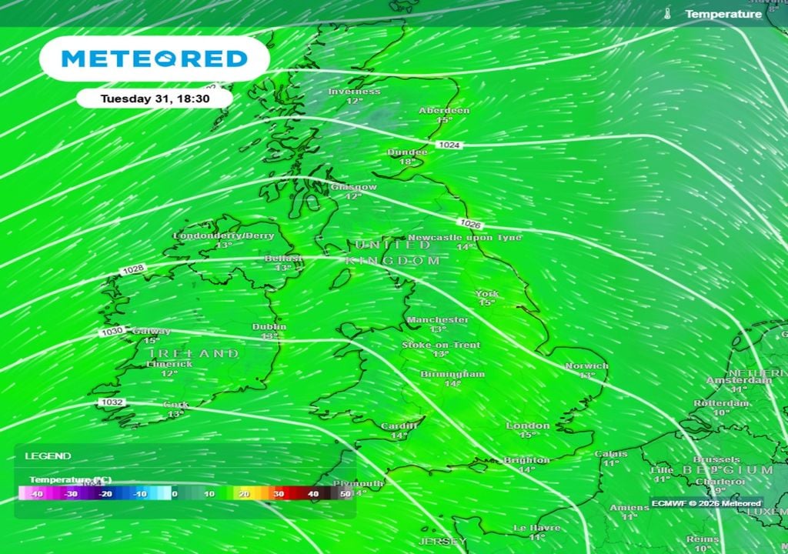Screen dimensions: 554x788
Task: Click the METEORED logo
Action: [x=154, y=58]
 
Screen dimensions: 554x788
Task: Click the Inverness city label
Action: [x=354, y=92]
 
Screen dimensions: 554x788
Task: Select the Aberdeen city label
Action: [x=444, y=111]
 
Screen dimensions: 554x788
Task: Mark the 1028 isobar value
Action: [x=133, y=269]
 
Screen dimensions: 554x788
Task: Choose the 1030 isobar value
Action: [x=111, y=332]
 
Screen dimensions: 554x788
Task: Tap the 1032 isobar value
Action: [x=111, y=402]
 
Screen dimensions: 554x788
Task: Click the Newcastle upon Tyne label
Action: [x=464, y=238]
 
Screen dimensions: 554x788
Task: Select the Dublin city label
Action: [x=269, y=327]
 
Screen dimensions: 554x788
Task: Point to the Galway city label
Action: [x=151, y=332]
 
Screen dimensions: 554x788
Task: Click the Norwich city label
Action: [x=586, y=366]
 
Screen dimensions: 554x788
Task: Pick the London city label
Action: [x=528, y=426]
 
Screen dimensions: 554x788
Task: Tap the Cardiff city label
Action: [x=399, y=426]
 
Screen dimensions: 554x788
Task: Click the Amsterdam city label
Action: [x=739, y=380]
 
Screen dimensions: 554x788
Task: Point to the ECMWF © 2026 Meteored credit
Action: [x=706, y=503]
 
